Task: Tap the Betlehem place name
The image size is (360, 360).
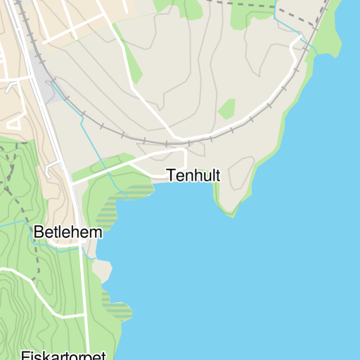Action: click(x=67, y=232)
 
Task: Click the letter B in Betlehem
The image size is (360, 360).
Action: click(x=38, y=232)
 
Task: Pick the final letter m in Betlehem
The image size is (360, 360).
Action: click(x=96, y=233)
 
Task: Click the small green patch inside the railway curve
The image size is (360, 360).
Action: click(x=226, y=109)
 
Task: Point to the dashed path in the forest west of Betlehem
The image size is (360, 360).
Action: click(x=34, y=253)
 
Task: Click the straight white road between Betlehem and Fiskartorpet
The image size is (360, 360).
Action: click(x=87, y=302)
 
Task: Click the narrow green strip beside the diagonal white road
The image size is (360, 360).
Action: click(x=131, y=60)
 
